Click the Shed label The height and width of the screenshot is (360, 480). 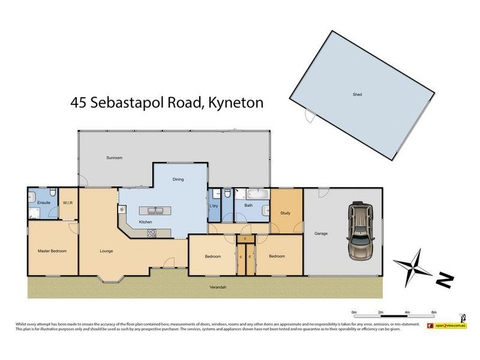(x=358, y=95)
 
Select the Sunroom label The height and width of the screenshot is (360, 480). (x=115, y=158)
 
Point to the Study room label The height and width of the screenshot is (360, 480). (x=285, y=213)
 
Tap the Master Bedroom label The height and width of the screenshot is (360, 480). (x=52, y=251)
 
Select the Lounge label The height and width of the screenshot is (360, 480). (x=107, y=251)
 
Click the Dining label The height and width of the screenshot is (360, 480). (x=178, y=179)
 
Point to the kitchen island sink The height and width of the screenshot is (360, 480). (x=155, y=211)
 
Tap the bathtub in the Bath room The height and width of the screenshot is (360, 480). (x=259, y=195)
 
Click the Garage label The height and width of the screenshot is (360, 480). (x=321, y=233)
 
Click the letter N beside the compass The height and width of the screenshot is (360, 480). (x=444, y=280)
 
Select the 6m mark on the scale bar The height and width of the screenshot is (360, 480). (x=434, y=313)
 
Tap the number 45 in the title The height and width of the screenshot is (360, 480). (x=79, y=103)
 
